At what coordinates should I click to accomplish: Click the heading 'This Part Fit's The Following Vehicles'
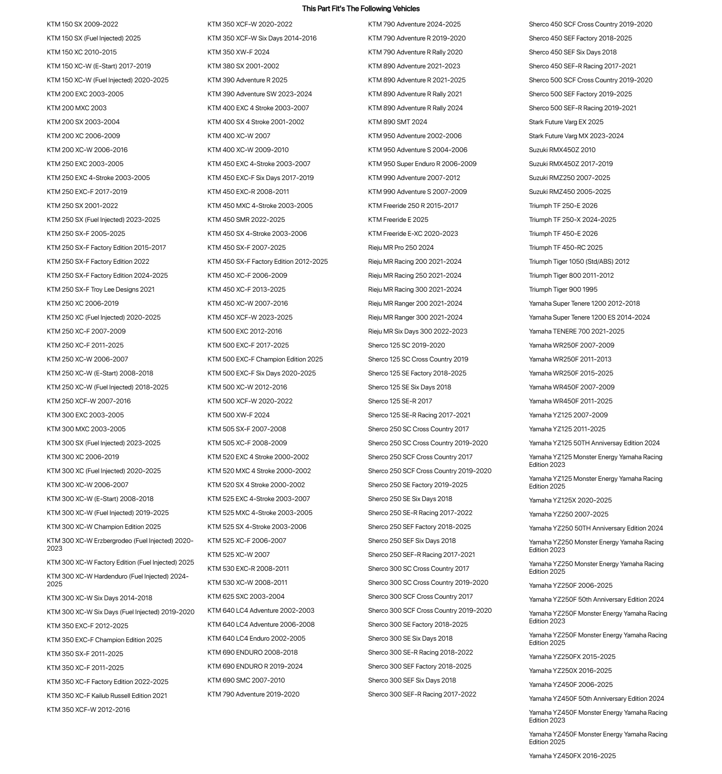361,9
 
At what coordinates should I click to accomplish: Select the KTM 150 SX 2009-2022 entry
82,24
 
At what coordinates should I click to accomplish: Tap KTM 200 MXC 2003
76,108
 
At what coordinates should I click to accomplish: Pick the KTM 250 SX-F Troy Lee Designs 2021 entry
101,289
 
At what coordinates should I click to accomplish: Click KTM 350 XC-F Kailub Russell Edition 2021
107,696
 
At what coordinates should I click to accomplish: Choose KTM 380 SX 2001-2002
243,66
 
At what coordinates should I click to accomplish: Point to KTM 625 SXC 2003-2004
246,596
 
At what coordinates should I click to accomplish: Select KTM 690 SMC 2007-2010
246,680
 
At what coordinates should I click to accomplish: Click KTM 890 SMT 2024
397,122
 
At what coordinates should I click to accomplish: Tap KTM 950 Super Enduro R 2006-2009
422,164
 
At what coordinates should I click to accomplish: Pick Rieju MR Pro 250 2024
401,247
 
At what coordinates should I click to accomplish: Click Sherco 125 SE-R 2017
400,401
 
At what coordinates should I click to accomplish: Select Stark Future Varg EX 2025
566,122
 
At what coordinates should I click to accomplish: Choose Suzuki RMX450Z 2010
562,150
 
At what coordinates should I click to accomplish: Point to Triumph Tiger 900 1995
563,289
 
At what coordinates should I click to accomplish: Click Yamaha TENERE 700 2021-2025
576,331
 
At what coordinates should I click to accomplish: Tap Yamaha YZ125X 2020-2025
570,500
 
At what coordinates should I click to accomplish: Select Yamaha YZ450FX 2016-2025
572,756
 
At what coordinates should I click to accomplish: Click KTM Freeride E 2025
398,219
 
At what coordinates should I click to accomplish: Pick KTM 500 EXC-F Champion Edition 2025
265,359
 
